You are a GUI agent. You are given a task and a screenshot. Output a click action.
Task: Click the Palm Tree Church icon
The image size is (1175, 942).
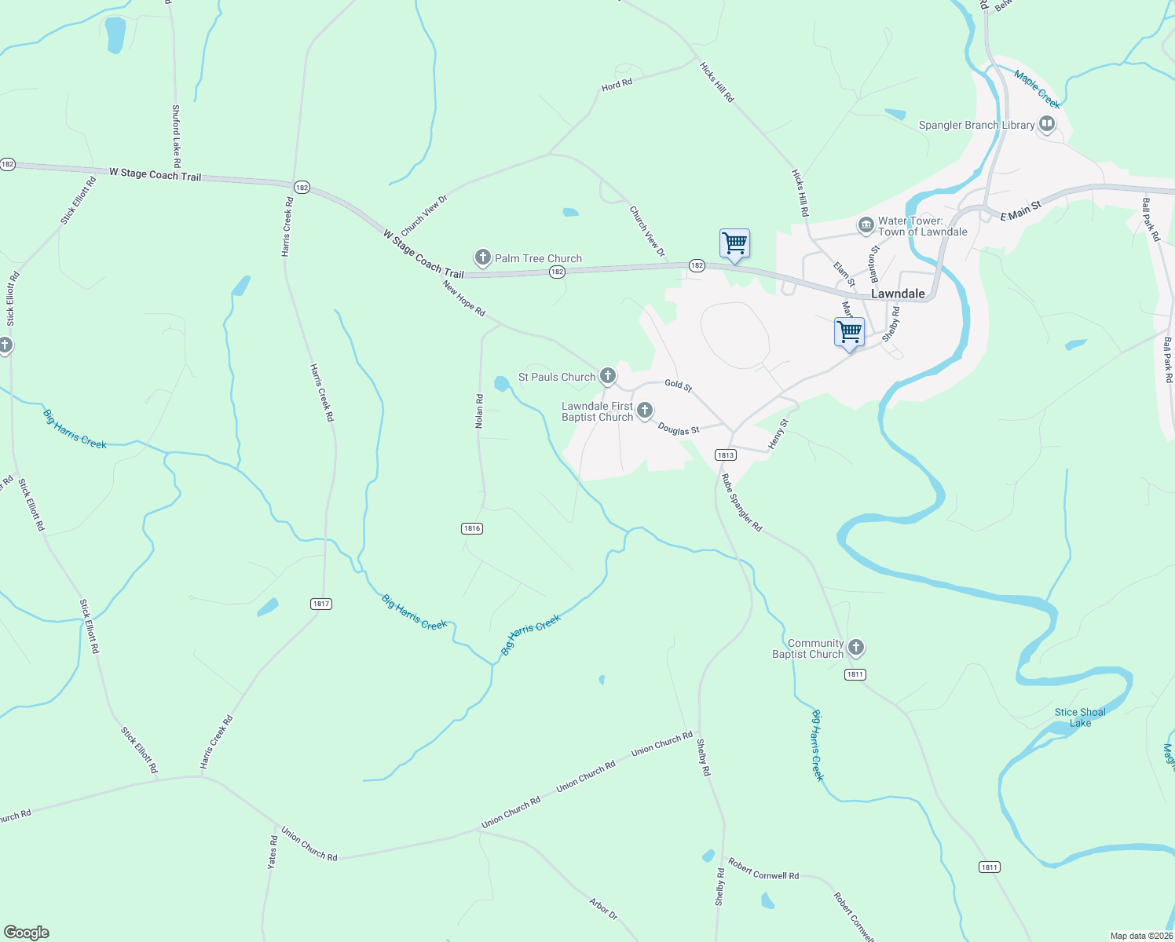pyautogui.click(x=483, y=257)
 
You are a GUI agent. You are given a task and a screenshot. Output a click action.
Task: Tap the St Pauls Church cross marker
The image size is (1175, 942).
pyautogui.click(x=608, y=376)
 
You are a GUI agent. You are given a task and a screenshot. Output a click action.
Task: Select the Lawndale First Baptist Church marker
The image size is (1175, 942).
pyautogui.click(x=645, y=410)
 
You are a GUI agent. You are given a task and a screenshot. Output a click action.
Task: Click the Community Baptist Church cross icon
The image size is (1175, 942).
pyautogui.click(x=856, y=648)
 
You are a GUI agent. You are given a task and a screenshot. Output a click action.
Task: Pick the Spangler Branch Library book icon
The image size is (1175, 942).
pyautogui.click(x=1047, y=124)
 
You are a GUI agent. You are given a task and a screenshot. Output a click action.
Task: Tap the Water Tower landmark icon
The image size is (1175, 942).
pyautogui.click(x=866, y=226)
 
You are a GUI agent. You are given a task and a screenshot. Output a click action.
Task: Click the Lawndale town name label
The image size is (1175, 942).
pyautogui.click(x=898, y=294)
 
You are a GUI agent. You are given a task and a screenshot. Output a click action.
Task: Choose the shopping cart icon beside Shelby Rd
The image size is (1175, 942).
pyautogui.click(x=849, y=333)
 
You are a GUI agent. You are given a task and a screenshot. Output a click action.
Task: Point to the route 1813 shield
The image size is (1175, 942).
pyautogui.click(x=725, y=455)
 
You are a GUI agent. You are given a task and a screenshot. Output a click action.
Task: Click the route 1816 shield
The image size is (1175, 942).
pyautogui.click(x=472, y=528)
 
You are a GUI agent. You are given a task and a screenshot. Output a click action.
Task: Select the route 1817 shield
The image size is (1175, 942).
pyautogui.click(x=320, y=604)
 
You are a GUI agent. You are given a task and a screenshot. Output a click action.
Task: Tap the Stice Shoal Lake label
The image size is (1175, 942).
pyautogui.click(x=1080, y=717)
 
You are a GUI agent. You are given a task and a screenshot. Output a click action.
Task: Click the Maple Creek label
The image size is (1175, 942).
pyautogui.click(x=1037, y=89)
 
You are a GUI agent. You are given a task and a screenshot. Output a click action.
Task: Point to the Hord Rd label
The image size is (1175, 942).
pyautogui.click(x=617, y=85)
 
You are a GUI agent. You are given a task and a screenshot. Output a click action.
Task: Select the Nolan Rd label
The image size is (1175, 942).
pyautogui.click(x=479, y=411)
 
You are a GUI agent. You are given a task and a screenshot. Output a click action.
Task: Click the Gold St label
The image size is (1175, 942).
pyautogui.click(x=678, y=385)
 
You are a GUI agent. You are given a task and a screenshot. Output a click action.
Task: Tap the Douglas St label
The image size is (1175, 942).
pyautogui.click(x=679, y=429)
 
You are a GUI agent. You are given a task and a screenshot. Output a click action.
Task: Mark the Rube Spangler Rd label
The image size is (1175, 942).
pyautogui.click(x=741, y=503)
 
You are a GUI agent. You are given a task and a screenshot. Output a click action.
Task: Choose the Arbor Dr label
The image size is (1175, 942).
pyautogui.click(x=603, y=909)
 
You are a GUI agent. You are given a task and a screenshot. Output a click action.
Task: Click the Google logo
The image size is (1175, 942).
pyautogui.click(x=27, y=933)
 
